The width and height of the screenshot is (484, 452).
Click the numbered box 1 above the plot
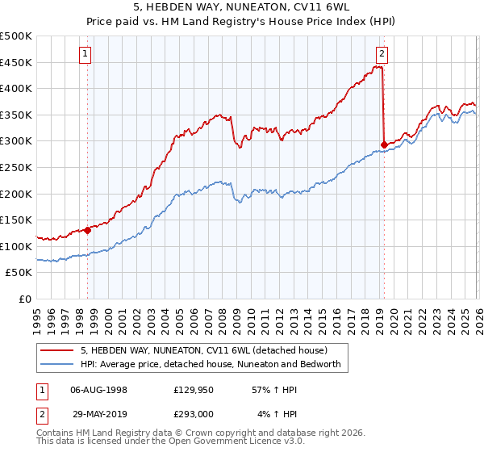86,54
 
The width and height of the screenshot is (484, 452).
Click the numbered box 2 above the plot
382,54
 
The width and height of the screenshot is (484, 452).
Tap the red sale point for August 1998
87,230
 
